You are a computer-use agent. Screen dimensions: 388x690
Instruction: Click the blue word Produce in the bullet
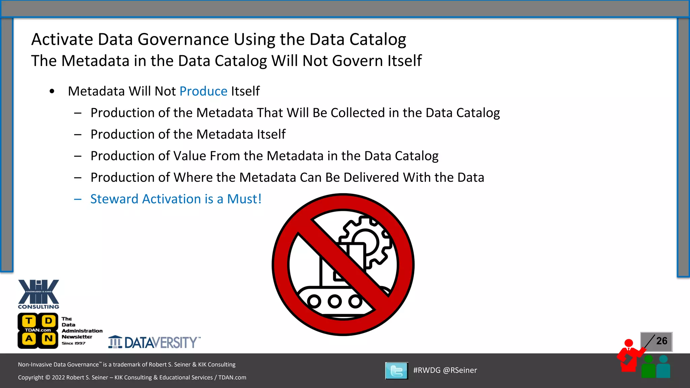(x=203, y=91)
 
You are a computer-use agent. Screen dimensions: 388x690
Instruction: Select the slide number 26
(x=662, y=341)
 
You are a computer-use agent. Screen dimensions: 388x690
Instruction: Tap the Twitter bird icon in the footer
(x=397, y=371)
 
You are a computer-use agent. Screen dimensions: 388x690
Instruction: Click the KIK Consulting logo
(x=38, y=294)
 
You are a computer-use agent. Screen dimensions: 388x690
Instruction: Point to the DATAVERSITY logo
(x=154, y=343)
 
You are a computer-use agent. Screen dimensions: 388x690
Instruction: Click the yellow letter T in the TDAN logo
(x=29, y=321)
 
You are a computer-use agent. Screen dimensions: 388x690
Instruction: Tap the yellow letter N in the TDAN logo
(x=49, y=338)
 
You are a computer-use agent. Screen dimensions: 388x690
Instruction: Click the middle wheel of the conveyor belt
(x=335, y=301)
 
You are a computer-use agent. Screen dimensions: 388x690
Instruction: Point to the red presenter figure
(x=629, y=357)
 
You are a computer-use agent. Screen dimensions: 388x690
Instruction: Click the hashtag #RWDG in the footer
(x=427, y=370)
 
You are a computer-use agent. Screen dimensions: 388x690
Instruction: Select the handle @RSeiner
(x=460, y=370)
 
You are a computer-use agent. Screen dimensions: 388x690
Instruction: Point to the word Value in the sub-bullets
(x=189, y=156)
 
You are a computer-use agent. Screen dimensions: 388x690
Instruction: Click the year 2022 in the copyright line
(x=58, y=378)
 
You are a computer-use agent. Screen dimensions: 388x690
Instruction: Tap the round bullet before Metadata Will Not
(x=52, y=91)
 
